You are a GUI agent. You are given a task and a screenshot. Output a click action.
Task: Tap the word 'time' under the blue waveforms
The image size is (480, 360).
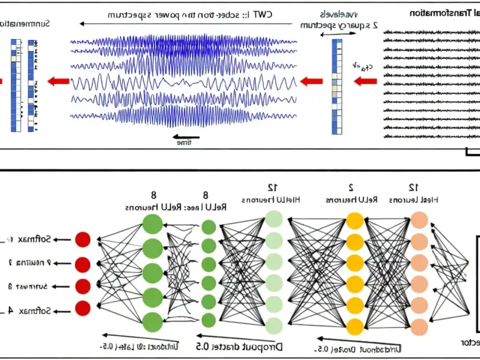[x=184, y=143]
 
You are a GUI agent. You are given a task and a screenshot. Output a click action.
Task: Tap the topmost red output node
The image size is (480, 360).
[x=83, y=240]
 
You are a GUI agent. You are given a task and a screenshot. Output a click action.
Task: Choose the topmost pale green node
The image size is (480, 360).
[x=274, y=218]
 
